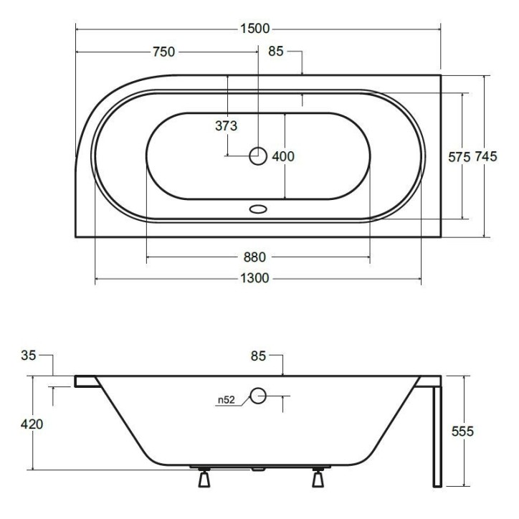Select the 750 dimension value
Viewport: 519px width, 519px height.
click(x=163, y=52)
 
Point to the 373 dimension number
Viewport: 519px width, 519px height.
click(x=226, y=126)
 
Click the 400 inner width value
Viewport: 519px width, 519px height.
click(x=284, y=156)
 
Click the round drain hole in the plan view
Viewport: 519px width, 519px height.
click(x=257, y=156)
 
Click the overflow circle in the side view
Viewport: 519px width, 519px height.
click(x=258, y=394)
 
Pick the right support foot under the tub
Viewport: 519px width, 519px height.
click(x=318, y=477)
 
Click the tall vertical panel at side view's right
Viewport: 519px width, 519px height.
click(x=437, y=434)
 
